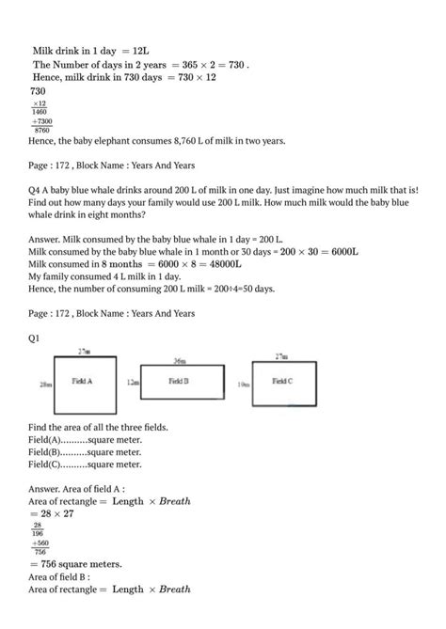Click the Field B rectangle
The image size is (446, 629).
(183, 384)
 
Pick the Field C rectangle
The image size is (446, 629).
(282, 384)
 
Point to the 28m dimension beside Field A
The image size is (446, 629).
(45, 384)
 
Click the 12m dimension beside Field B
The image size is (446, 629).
(133, 384)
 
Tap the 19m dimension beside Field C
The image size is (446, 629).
(244, 384)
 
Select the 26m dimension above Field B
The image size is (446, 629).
(180, 360)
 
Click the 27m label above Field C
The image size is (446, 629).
(280, 355)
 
